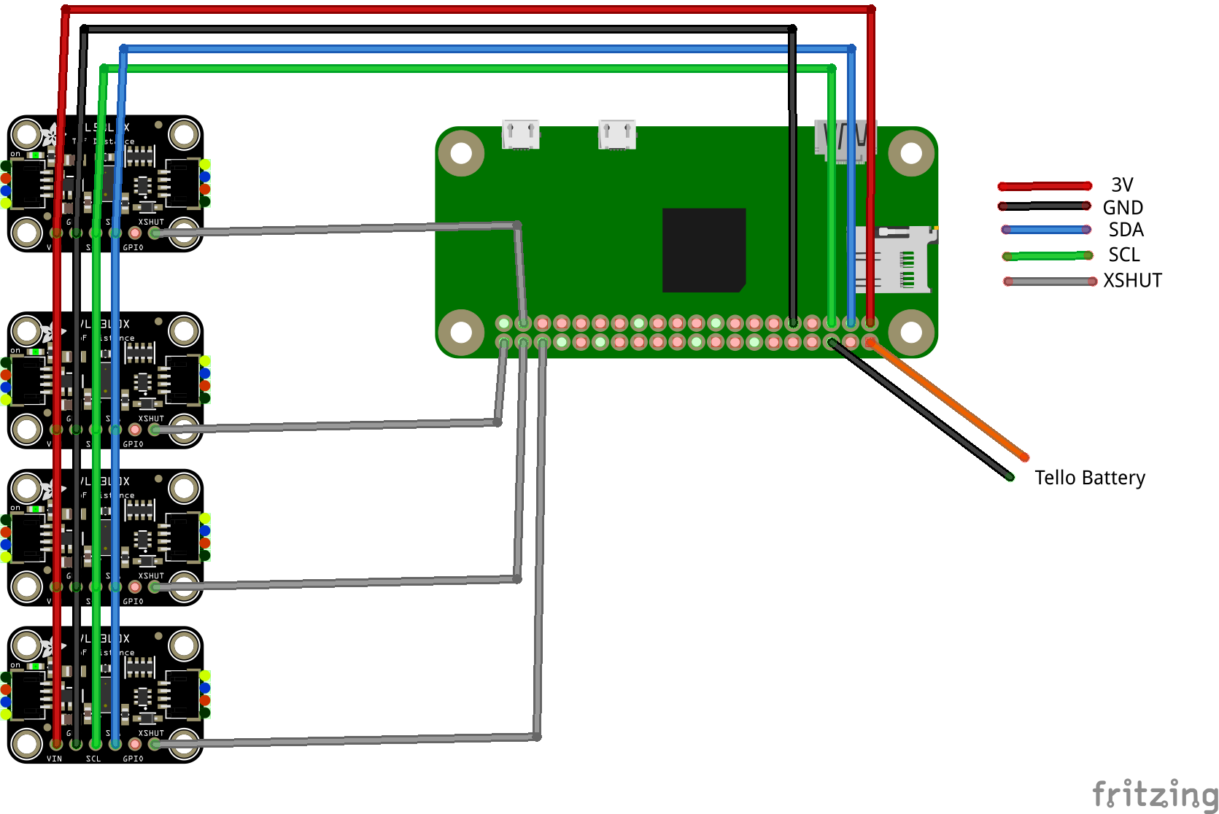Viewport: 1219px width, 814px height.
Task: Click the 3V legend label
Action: (x=1121, y=185)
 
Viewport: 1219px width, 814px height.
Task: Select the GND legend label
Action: (x=1122, y=208)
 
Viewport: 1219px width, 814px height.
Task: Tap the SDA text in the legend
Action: (x=1126, y=230)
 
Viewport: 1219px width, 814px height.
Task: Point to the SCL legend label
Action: (x=1123, y=255)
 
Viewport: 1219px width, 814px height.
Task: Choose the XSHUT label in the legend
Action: (x=1131, y=280)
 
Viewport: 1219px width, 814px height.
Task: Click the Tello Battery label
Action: (x=1089, y=478)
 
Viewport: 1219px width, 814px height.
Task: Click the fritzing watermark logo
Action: (x=1155, y=794)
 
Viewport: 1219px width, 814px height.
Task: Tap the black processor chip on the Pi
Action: (x=703, y=250)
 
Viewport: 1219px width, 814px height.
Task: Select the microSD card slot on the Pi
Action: (x=892, y=260)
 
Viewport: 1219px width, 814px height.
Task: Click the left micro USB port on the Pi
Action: (x=521, y=134)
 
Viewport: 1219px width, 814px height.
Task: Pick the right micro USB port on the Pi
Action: (x=616, y=134)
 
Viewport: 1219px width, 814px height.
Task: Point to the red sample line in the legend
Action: (x=1045, y=186)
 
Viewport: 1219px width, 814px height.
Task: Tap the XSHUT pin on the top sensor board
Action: (x=154, y=233)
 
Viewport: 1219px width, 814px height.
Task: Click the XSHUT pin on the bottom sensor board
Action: (x=154, y=744)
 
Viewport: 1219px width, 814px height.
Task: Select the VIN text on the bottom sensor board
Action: (x=54, y=759)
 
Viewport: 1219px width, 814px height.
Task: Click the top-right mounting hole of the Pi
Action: (x=910, y=153)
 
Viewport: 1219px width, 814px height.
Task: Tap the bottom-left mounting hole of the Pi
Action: (x=461, y=332)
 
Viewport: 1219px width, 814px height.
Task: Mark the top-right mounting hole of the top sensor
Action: (x=184, y=134)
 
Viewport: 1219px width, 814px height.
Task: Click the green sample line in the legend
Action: (x=1048, y=256)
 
